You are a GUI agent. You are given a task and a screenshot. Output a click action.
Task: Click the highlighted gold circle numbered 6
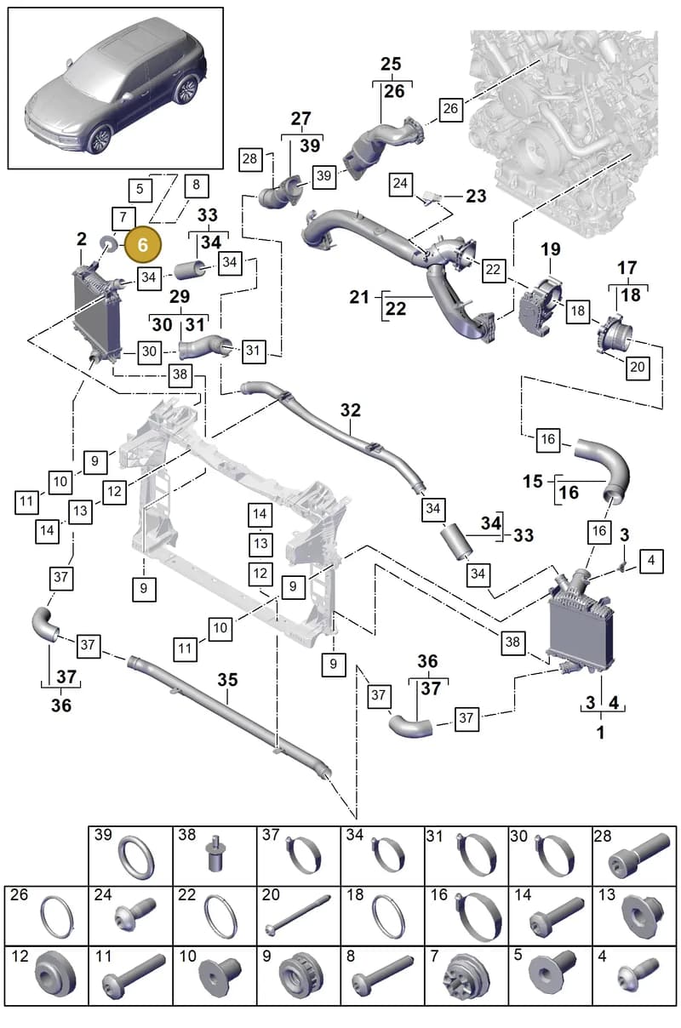[x=143, y=244]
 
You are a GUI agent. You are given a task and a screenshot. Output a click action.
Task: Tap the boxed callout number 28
[x=249, y=159]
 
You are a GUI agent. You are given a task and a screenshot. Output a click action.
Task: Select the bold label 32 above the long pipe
[x=351, y=410]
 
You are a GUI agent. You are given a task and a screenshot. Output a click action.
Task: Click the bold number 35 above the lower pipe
[x=227, y=680]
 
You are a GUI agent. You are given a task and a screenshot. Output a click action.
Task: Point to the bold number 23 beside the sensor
[x=476, y=196]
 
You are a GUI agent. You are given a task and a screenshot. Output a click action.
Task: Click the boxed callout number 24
[x=400, y=184]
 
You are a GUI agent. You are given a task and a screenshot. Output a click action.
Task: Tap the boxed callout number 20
[x=638, y=367]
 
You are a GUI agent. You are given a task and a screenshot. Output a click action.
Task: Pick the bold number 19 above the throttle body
[x=551, y=249]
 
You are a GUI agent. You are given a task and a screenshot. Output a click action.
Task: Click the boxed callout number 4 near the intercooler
[x=650, y=561]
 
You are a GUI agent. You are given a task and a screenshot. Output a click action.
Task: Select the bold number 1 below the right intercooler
[x=601, y=733]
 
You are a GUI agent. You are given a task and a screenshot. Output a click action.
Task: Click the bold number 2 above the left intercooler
[x=81, y=238]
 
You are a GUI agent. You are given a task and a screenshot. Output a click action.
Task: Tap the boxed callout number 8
[x=197, y=186]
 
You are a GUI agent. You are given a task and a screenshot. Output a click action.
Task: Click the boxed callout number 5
[x=140, y=190]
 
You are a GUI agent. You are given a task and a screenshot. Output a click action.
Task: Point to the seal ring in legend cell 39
[x=136, y=856]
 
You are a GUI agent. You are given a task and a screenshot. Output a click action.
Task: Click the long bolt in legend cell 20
[x=298, y=914]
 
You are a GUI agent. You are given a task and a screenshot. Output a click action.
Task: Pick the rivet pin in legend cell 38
[x=214, y=854]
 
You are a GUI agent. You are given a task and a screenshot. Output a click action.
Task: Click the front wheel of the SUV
[x=99, y=139]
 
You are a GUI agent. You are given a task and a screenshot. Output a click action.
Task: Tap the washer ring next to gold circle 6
[x=108, y=244]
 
